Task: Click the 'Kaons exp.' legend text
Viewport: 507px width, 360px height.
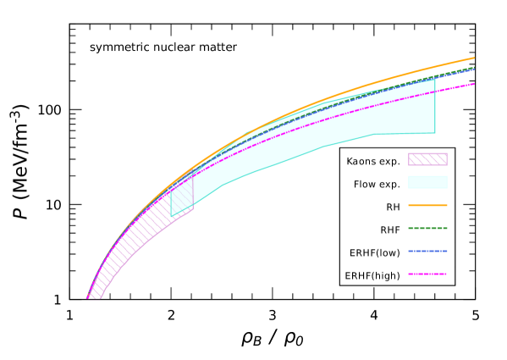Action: [373, 161]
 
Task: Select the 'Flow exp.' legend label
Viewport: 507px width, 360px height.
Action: [377, 184]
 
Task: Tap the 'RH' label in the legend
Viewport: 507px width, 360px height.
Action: [393, 207]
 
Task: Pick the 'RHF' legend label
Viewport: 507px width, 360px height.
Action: [390, 230]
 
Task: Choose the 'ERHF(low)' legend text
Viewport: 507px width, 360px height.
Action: [374, 252]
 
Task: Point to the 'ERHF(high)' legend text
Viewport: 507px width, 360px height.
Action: [372, 275]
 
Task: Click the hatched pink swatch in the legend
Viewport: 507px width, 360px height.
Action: [427, 159]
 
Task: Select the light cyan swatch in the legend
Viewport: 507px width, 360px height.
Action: [427, 182]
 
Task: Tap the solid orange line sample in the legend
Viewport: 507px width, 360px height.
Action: [427, 205]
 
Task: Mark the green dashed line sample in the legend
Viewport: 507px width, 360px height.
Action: [427, 228]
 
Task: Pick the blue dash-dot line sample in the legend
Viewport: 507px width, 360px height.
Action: [427, 251]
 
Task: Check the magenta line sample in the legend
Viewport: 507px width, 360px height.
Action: [427, 274]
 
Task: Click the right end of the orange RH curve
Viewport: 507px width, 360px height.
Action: [474, 58]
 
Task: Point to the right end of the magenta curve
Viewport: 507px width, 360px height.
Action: [474, 84]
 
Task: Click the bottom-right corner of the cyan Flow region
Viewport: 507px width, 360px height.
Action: [435, 133]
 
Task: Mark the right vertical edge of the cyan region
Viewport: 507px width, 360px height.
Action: [435, 106]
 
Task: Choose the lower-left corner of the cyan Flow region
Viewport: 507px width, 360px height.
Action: [172, 217]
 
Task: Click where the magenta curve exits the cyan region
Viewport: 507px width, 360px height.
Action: [435, 92]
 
